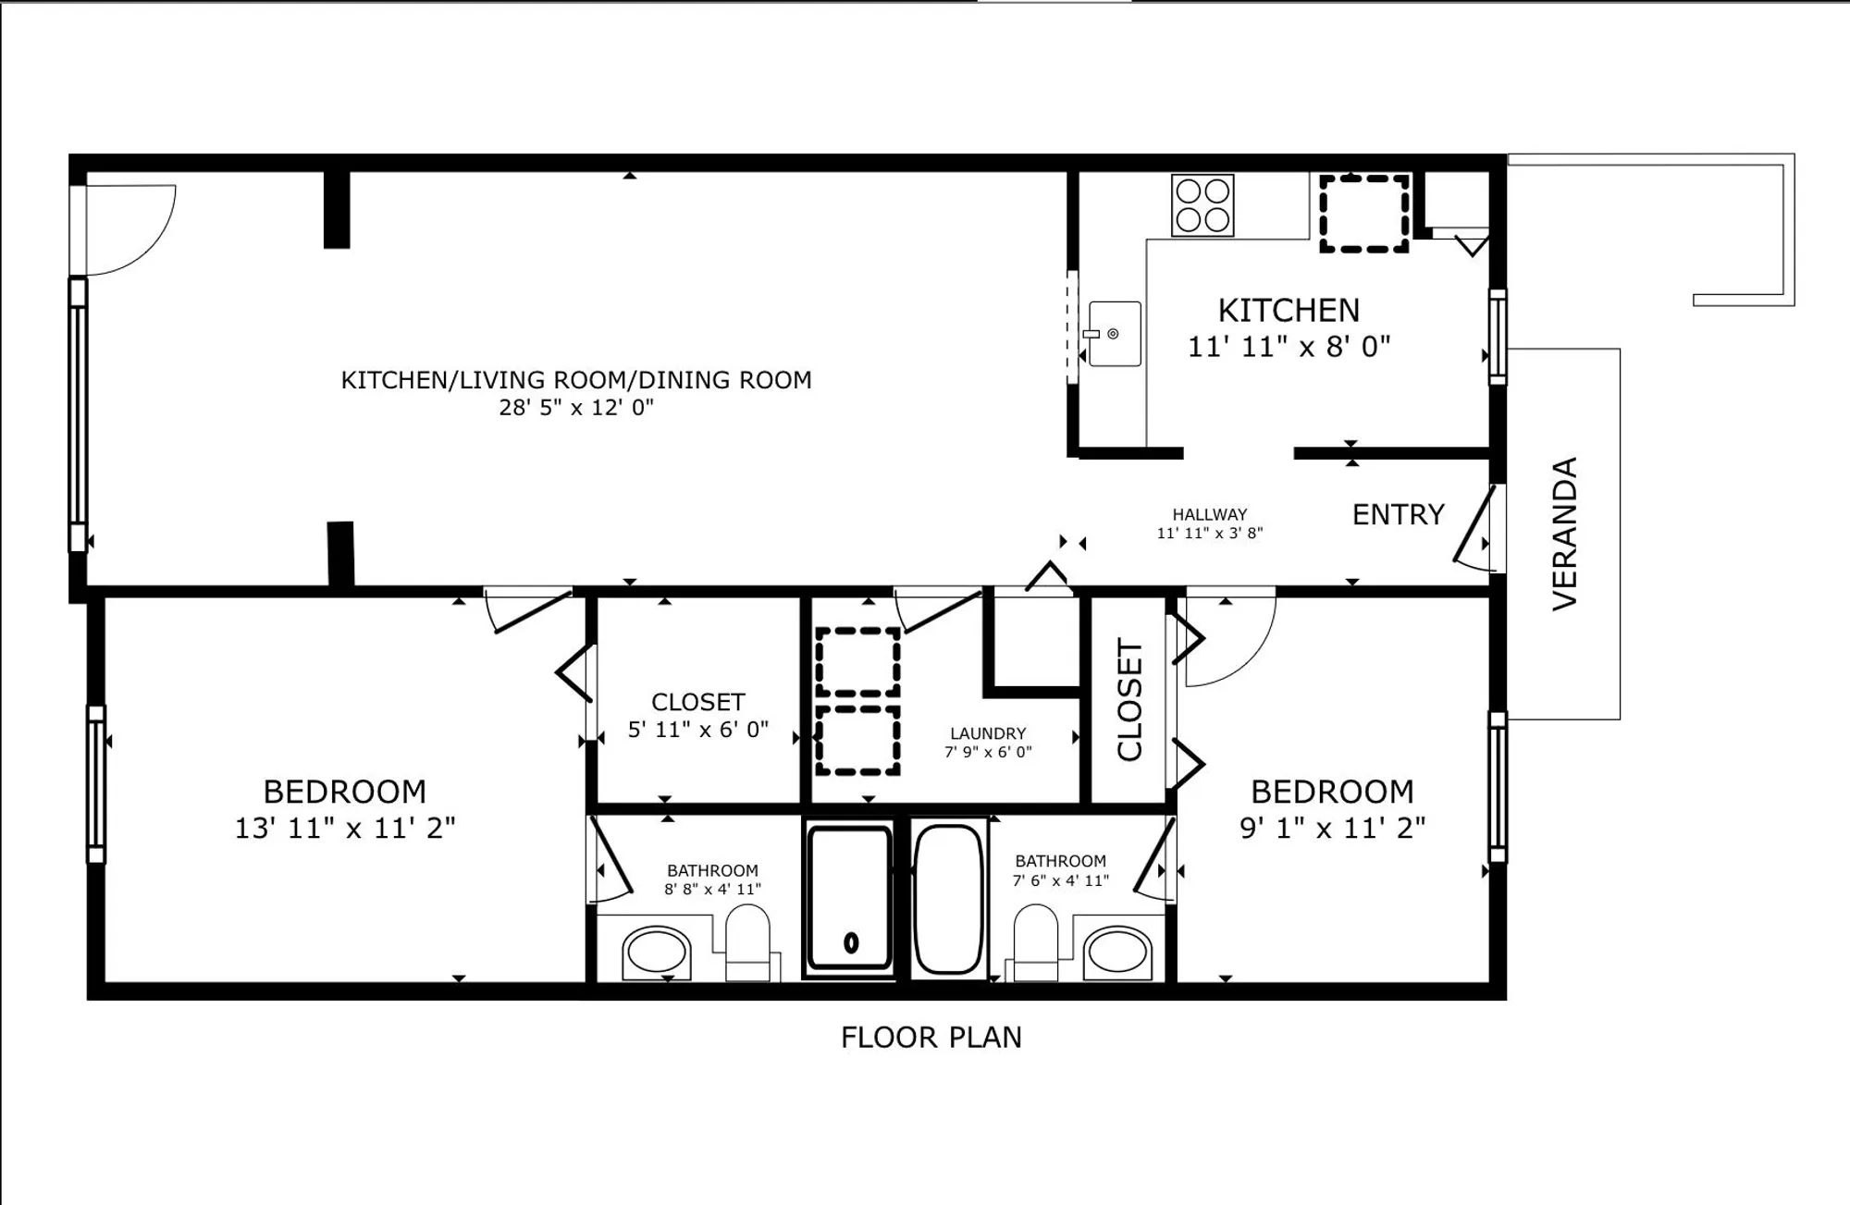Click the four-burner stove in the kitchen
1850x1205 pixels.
[x=1202, y=205]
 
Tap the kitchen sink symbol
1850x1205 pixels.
[x=1115, y=334]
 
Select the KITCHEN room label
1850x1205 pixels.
[x=1289, y=311]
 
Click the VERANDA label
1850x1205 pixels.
[x=1564, y=534]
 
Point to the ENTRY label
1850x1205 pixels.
[x=1398, y=515]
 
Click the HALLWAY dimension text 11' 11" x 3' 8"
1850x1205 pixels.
[x=1209, y=534]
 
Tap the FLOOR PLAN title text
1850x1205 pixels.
[x=931, y=1038]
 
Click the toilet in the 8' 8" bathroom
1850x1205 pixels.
[x=747, y=941]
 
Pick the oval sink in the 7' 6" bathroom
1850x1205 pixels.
[x=1117, y=952]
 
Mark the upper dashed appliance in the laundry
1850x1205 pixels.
[x=857, y=662]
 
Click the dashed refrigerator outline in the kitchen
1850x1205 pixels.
[x=1363, y=214]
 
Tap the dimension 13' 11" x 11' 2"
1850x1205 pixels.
[x=344, y=828]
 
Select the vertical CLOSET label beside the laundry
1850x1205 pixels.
[x=1129, y=700]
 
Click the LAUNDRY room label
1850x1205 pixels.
[x=988, y=733]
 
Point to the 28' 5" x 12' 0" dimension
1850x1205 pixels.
[x=576, y=408]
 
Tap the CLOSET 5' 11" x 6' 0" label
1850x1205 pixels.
[x=697, y=715]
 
